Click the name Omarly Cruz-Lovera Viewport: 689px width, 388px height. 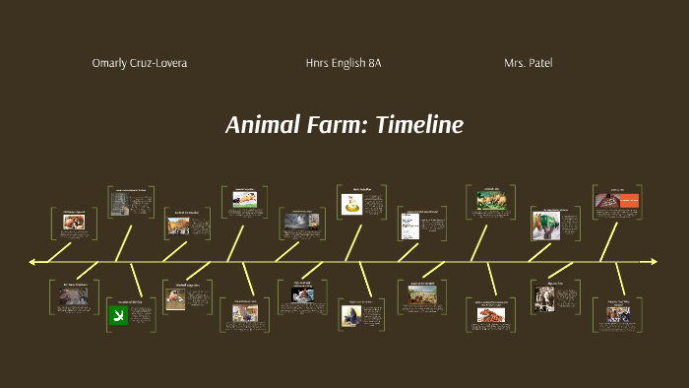click(139, 63)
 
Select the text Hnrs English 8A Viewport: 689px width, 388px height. click(344, 63)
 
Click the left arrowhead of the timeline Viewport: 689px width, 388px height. click(33, 262)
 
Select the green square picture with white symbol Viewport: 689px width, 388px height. click(117, 315)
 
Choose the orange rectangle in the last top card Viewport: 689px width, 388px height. click(628, 201)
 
